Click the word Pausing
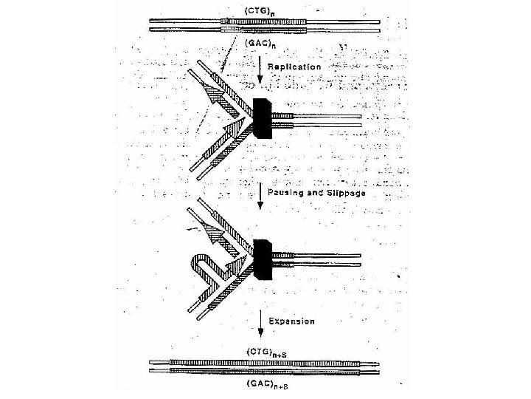(290, 192)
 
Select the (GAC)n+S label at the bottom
(265, 384)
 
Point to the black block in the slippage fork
(263, 259)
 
